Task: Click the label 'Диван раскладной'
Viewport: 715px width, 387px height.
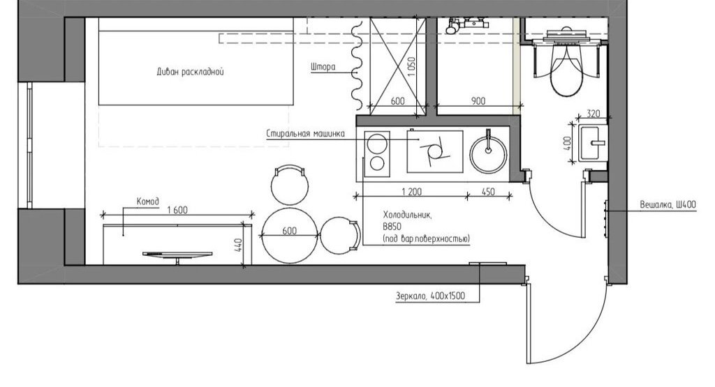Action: tap(190, 72)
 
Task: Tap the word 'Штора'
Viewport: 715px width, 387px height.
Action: tap(323, 67)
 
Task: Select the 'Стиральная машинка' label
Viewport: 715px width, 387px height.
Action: tap(306, 133)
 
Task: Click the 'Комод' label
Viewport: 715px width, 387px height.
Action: tap(148, 202)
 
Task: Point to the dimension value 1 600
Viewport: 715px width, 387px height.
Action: tap(177, 210)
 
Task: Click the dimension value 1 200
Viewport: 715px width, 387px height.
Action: tap(411, 192)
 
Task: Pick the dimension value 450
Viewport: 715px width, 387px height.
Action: tap(488, 192)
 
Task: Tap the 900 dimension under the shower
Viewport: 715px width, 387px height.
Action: tap(478, 100)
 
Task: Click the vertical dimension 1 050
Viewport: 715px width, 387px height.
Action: tap(412, 66)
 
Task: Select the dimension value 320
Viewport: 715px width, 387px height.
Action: tap(593, 114)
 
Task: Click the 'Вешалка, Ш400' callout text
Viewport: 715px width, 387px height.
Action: tap(668, 205)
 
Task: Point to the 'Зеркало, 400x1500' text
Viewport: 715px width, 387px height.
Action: tap(430, 296)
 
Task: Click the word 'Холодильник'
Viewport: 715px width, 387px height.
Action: tap(407, 215)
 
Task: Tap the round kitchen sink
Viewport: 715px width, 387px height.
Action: tap(488, 154)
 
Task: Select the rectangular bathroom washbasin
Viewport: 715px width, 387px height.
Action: tap(593, 143)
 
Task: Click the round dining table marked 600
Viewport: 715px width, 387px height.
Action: tap(290, 236)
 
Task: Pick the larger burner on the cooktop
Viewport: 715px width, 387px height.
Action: tap(378, 144)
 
